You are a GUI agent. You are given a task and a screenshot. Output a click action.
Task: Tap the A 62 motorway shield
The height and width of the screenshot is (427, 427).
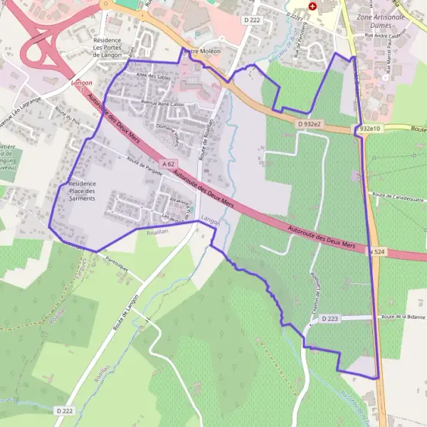pos(168,164)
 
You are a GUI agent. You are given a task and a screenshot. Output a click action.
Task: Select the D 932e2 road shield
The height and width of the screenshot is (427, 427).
pos(310,124)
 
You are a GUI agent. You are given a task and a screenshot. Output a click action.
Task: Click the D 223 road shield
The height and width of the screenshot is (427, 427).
pos(329,319)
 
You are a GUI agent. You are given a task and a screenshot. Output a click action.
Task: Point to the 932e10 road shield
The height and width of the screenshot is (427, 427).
pos(369,129)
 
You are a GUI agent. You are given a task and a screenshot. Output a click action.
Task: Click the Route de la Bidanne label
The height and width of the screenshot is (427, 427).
pos(403,317)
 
